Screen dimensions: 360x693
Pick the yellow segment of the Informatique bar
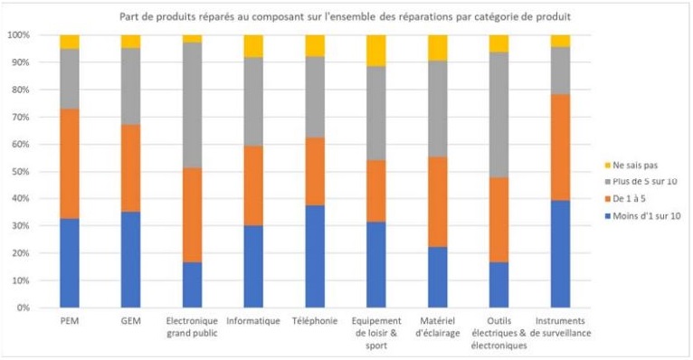[x=253, y=46]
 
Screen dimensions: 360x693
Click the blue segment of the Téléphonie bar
[x=315, y=256]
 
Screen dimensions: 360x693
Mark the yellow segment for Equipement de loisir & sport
[x=376, y=51]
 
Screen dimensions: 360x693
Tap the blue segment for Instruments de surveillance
[x=560, y=253]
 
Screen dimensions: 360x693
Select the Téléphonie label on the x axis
[x=315, y=321]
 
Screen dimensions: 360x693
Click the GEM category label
[x=130, y=321]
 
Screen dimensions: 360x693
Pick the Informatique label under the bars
[x=253, y=321]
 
